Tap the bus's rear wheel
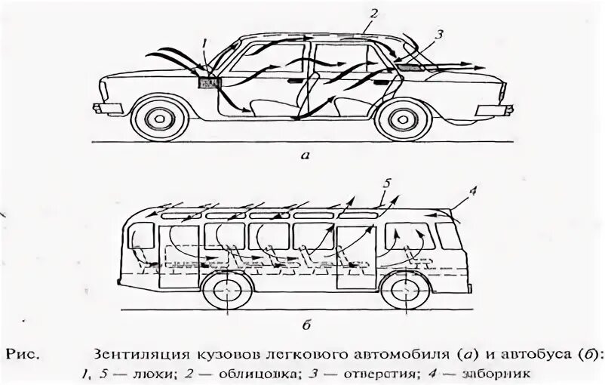pos(226,293)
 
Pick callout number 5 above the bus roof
pos(387,183)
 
